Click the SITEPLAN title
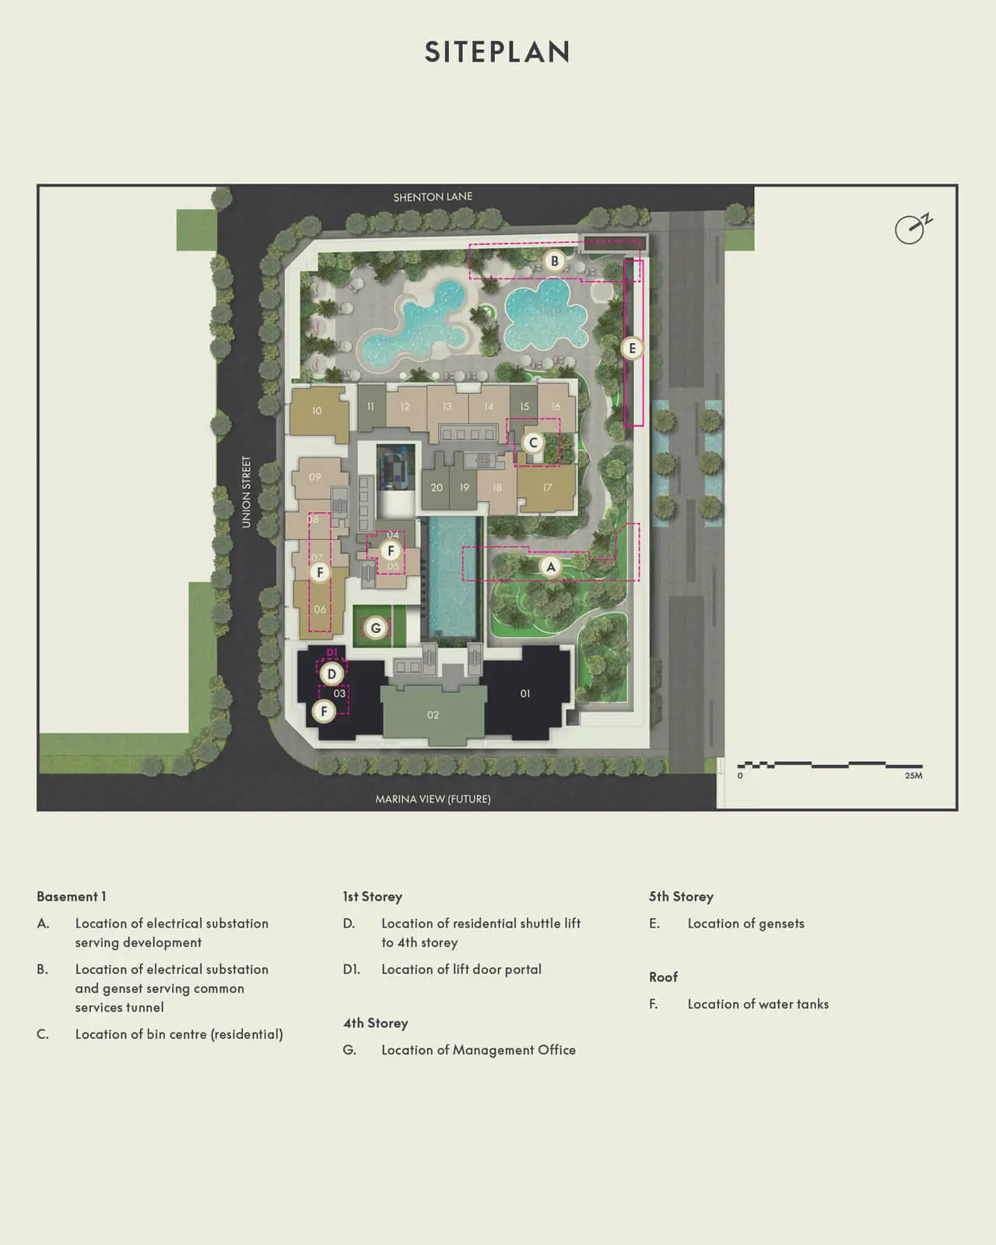click(497, 52)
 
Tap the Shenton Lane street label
click(433, 197)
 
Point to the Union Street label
click(247, 492)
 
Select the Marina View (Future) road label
click(433, 799)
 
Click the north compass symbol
click(911, 229)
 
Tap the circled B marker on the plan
click(555, 261)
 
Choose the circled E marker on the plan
click(632, 349)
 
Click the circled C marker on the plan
click(533, 443)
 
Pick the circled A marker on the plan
click(551, 566)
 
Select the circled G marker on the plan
click(376, 628)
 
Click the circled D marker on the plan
click(331, 674)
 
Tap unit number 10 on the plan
click(317, 411)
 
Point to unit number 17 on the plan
click(547, 488)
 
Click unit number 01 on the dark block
click(525, 693)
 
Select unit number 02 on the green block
click(433, 715)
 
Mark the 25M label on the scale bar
click(914, 776)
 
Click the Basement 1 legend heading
click(71, 896)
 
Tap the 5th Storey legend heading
click(681, 896)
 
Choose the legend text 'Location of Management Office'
click(479, 1050)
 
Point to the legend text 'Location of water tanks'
click(758, 1004)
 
